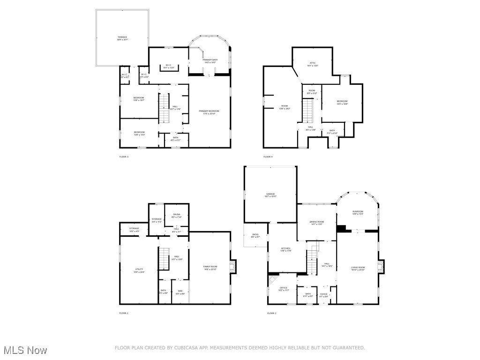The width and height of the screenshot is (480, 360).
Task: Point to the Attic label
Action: coord(312,64)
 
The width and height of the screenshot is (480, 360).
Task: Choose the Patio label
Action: coord(255,235)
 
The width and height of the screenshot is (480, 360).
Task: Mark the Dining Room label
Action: coord(317,223)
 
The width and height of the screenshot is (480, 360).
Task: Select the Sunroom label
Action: coord(358,212)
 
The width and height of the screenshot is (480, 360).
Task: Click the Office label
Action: coord(283,289)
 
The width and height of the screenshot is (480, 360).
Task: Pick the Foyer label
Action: coord(323,295)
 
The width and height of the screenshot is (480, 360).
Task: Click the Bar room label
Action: coord(180,292)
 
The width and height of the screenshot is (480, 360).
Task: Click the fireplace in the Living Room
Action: coord(381,267)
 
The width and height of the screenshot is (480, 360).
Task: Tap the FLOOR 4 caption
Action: coord(268,157)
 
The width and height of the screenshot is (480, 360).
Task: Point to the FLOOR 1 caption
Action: coord(124,313)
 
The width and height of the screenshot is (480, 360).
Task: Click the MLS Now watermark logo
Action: coord(24,350)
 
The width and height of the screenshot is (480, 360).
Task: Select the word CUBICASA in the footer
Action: coord(193,348)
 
